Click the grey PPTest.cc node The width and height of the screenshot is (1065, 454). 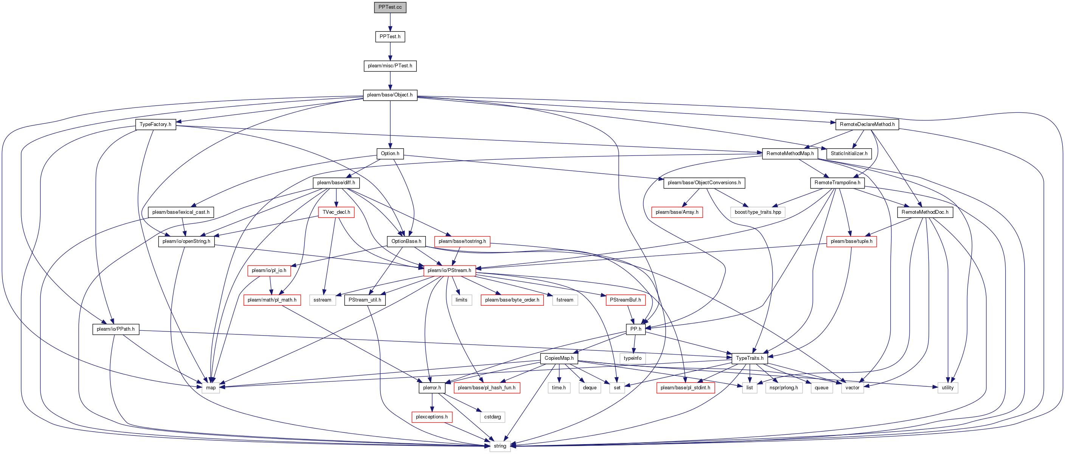pos(390,8)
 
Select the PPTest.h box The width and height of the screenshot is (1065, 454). pos(390,37)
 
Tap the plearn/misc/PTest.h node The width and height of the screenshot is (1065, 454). pos(390,66)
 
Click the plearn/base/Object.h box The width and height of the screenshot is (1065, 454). pos(390,95)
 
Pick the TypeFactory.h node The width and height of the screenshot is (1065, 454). pos(155,124)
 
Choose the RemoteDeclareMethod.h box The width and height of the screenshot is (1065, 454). pos(867,124)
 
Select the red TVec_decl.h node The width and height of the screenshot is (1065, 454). pos(336,212)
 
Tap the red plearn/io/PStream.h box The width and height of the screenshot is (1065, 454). pos(449,271)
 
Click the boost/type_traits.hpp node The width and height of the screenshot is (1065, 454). pos(758,212)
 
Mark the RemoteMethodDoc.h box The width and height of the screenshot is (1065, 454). pos(925,212)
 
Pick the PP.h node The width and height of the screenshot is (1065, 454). pos(636,329)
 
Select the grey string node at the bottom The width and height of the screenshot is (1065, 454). pos(500,446)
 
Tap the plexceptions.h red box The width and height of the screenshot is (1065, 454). pos(432,417)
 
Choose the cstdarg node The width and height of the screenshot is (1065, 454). pos(492,417)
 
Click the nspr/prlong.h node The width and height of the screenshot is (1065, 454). pos(784,388)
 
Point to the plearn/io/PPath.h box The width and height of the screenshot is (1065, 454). pos(116,329)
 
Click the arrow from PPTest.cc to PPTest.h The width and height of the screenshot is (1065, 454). pos(390,22)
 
